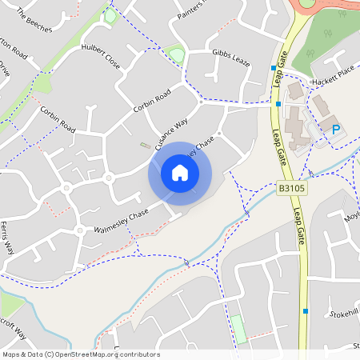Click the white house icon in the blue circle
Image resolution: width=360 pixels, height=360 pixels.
click(180, 172)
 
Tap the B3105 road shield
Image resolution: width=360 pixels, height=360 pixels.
click(292, 189)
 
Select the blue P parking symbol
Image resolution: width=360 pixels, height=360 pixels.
click(335, 128)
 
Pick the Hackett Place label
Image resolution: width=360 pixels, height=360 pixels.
click(334, 73)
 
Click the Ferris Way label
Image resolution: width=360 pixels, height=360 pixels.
click(8, 238)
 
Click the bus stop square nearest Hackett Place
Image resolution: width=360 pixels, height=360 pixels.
click(274, 68)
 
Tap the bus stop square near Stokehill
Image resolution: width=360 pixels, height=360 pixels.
click(305, 310)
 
